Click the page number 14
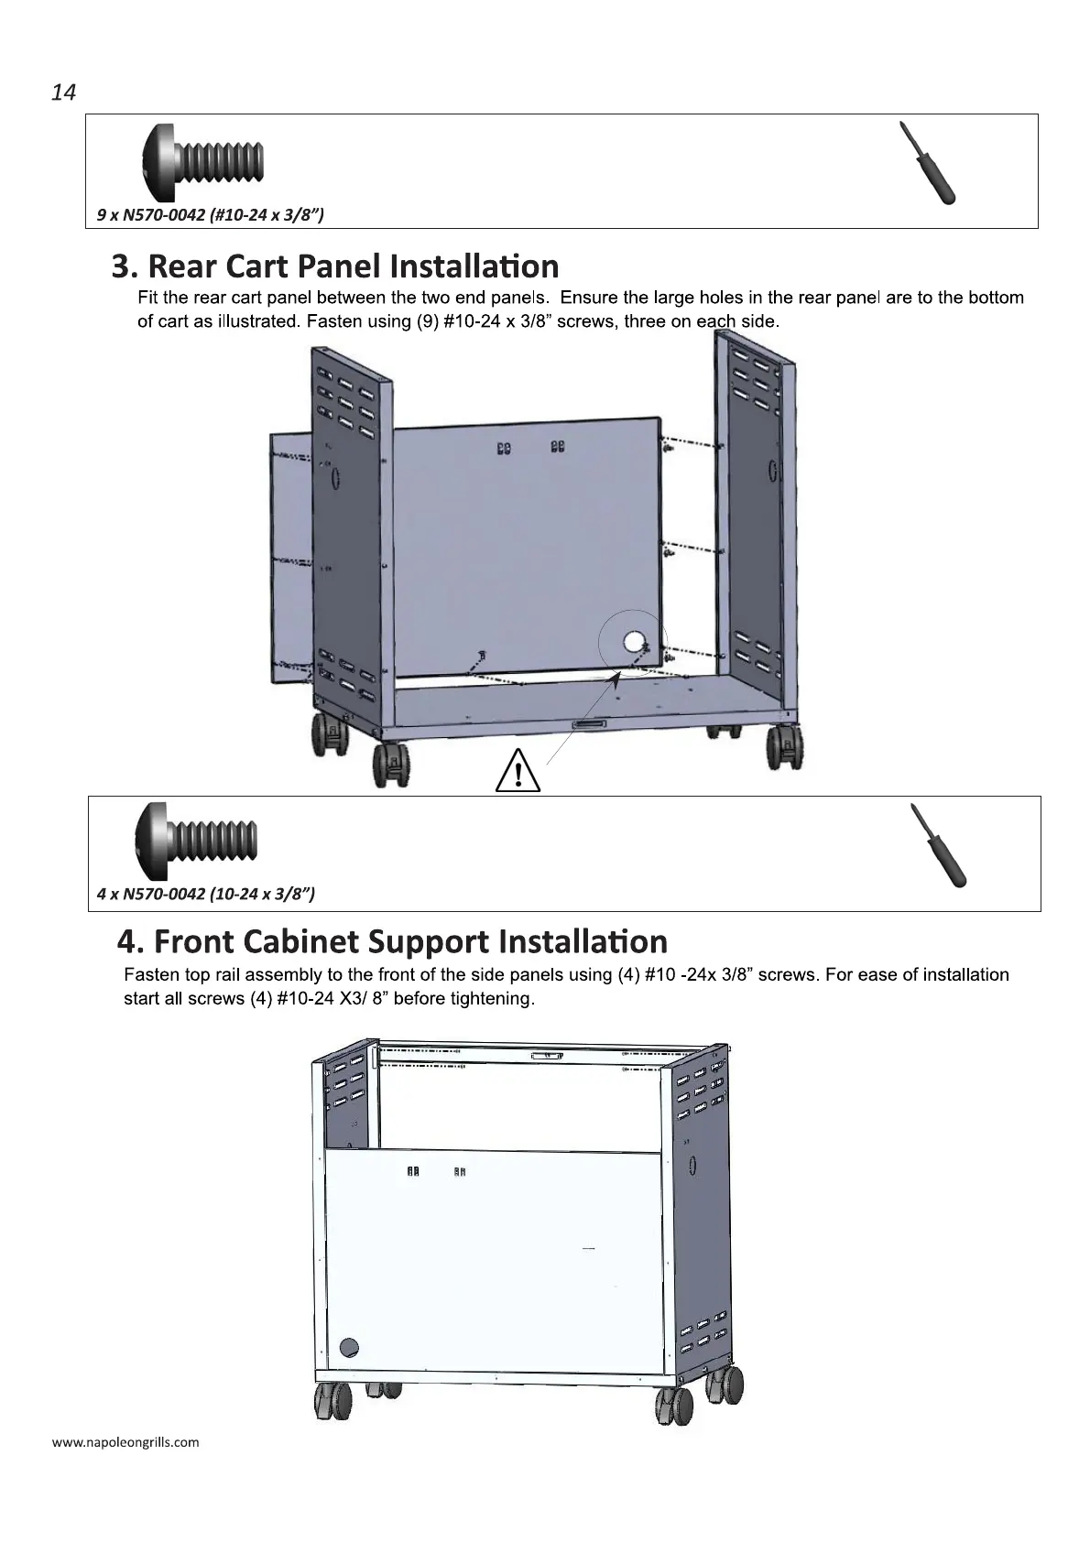click(63, 92)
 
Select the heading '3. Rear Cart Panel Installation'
click(335, 266)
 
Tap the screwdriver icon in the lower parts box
click(937, 844)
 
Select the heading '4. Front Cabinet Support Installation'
click(393, 941)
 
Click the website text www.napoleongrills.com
click(125, 1442)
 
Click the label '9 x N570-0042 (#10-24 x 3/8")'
click(211, 215)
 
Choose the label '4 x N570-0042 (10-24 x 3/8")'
click(206, 894)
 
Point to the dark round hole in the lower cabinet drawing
click(349, 1347)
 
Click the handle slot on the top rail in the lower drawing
click(549, 1056)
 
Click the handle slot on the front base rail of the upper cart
click(590, 724)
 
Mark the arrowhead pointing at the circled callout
click(618, 676)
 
